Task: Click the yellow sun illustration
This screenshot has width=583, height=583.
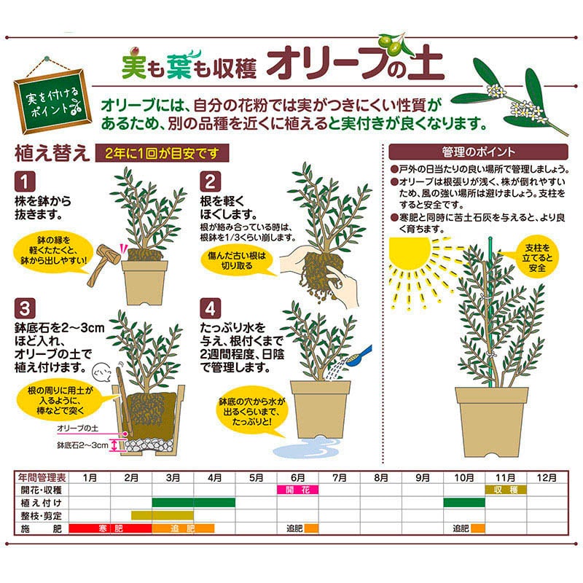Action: [x=409, y=254]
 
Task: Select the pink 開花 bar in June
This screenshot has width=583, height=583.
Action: [x=297, y=490]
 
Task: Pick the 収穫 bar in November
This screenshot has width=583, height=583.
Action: [x=506, y=490]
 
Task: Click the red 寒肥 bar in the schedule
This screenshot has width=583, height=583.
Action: [x=111, y=528]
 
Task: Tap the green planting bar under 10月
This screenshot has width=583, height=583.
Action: [x=464, y=503]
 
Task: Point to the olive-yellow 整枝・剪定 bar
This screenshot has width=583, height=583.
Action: [x=162, y=515]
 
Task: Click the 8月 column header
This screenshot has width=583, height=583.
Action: [x=380, y=477]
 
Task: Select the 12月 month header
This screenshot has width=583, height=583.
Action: [x=547, y=477]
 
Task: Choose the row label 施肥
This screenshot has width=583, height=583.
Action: [x=41, y=528]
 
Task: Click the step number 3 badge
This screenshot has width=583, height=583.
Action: [x=25, y=308]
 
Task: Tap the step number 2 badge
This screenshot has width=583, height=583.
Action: [x=210, y=181]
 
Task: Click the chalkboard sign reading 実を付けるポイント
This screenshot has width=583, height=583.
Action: [x=52, y=101]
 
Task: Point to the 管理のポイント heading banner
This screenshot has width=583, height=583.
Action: [x=478, y=152]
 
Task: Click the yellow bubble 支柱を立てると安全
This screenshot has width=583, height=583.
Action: [x=536, y=258]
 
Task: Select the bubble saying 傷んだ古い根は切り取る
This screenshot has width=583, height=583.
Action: [x=237, y=261]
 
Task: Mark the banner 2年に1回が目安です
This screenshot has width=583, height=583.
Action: [x=162, y=153]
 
